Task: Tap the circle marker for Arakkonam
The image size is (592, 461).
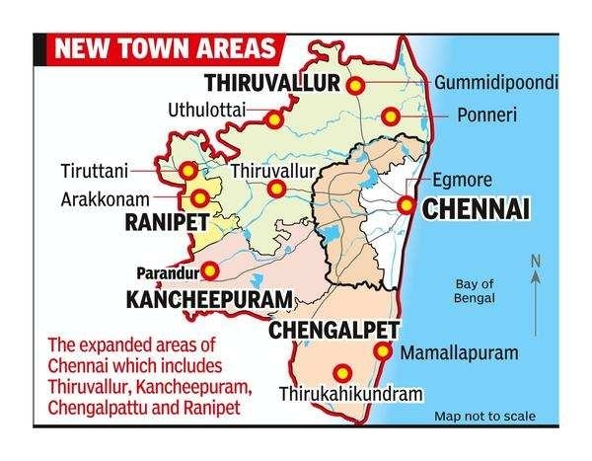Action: click(x=203, y=195)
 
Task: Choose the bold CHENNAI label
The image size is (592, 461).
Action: click(x=475, y=208)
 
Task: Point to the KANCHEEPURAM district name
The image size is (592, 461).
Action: click(x=208, y=298)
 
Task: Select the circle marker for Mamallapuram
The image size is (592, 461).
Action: click(x=381, y=353)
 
